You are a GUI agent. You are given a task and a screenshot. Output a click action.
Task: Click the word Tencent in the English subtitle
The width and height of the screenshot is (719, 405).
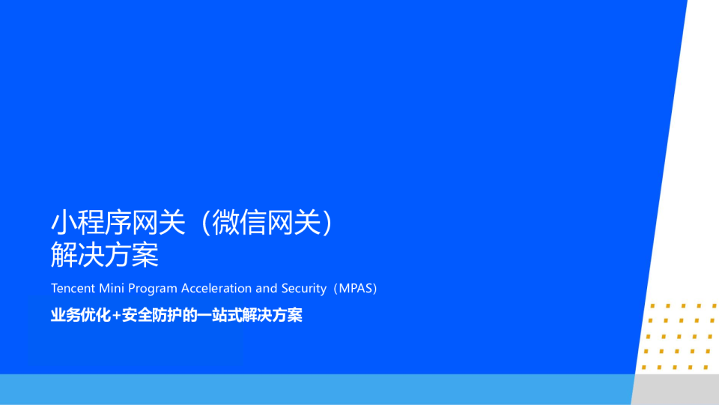pos(73,288)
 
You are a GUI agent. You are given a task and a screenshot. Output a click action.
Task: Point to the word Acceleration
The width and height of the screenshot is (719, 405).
pos(216,288)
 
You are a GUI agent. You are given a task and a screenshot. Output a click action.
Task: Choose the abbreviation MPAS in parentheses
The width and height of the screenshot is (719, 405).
pos(356,288)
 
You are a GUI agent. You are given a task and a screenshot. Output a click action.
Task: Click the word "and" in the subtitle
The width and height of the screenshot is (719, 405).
pos(267,288)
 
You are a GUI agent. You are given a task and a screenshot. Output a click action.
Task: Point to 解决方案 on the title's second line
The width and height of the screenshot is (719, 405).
pos(105,254)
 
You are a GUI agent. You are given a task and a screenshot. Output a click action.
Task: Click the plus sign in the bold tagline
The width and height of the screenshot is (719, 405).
pos(117,316)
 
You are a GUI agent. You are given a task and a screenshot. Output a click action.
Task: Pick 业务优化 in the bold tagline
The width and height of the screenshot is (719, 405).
pos(81,316)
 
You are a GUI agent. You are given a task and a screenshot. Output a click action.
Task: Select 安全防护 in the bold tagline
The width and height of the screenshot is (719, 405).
pos(152,316)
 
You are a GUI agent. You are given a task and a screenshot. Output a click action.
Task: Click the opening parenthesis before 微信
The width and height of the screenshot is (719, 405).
pos(206,223)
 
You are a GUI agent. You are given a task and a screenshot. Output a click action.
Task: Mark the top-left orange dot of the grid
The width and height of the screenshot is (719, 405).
pos(652,306)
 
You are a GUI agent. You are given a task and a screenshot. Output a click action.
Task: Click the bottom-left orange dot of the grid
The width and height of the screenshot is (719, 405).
pos(644,367)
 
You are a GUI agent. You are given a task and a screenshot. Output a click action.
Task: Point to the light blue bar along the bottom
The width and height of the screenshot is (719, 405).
pos(317,389)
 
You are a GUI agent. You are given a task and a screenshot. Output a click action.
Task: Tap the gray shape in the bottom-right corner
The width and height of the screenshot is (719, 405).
pos(676,389)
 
